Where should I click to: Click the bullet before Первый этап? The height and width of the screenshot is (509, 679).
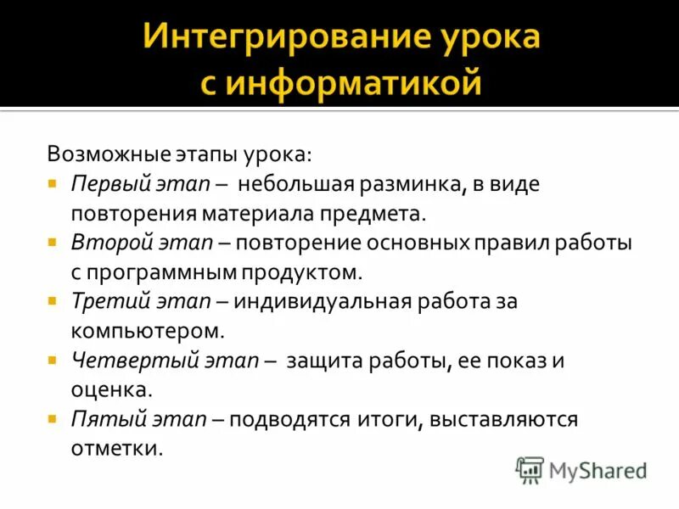(53, 183)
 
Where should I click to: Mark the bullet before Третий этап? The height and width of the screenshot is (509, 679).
(53, 300)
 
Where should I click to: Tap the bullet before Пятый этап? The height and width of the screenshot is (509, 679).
(53, 417)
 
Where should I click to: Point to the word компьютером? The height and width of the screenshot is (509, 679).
(149, 331)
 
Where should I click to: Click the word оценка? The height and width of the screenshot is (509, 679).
(111, 389)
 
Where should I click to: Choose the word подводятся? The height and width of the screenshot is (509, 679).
(289, 419)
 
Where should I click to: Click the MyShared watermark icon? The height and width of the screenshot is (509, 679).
(530, 469)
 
